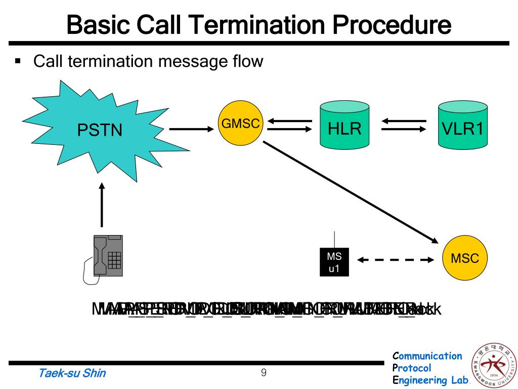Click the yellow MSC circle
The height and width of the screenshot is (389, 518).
coord(464,259)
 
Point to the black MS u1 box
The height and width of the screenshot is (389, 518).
coord(334,262)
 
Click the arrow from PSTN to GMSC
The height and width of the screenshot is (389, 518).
coord(191,129)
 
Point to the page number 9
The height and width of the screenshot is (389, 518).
coord(264,373)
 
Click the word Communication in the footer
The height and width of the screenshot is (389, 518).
coord(427,356)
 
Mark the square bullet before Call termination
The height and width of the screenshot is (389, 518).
coord(19,63)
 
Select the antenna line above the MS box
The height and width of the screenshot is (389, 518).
coord(334,240)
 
